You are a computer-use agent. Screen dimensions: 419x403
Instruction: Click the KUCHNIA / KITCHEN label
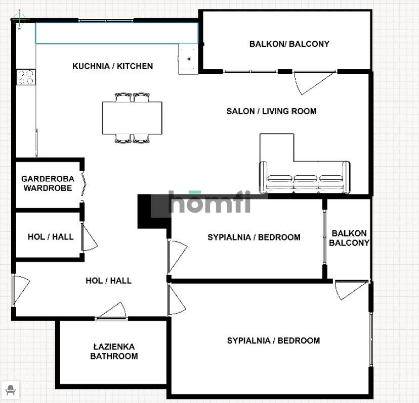click(x=112, y=66)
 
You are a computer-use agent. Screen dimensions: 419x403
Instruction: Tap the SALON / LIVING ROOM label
click(x=272, y=111)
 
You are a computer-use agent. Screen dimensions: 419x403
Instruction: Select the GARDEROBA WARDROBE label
click(x=48, y=183)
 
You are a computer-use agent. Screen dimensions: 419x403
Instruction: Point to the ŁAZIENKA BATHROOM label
click(x=114, y=351)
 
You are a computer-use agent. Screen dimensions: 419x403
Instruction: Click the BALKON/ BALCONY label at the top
click(x=289, y=44)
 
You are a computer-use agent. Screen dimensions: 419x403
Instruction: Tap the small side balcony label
click(x=349, y=238)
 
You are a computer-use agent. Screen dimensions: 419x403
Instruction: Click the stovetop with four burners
click(x=26, y=77)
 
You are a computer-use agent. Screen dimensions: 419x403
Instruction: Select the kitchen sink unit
click(x=188, y=59)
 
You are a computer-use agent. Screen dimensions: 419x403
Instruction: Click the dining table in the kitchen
click(x=132, y=118)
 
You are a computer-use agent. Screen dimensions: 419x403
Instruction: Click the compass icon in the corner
click(x=19, y=19)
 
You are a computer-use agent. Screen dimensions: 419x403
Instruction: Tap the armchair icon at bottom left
click(x=10, y=390)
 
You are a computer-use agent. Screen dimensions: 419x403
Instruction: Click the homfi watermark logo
click(x=210, y=202)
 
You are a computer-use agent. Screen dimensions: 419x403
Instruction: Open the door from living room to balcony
click(x=314, y=83)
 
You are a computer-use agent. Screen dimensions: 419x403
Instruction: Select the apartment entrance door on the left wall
click(x=21, y=289)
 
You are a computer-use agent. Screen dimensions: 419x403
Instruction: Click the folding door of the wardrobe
click(x=83, y=184)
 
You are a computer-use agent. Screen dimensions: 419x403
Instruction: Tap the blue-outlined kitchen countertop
click(x=117, y=33)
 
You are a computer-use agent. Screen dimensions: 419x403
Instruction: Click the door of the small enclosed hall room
click(x=90, y=238)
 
